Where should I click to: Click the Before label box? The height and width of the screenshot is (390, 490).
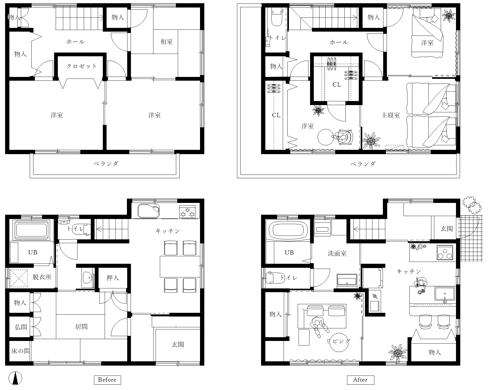click(x=107, y=380)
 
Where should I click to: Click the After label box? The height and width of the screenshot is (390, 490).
click(x=360, y=380)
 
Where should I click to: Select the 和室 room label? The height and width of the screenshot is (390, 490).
click(x=167, y=42)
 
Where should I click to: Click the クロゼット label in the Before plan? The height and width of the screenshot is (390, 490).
click(x=81, y=66)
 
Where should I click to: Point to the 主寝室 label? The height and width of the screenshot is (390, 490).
click(x=390, y=115)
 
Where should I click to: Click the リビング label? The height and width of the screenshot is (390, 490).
click(x=338, y=341)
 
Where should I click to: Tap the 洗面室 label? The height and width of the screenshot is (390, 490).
click(x=337, y=253)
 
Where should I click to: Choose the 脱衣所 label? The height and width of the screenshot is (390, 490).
click(x=42, y=277)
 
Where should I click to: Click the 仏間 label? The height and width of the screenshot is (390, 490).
click(x=21, y=327)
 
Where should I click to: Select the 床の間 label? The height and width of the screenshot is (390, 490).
click(x=21, y=351)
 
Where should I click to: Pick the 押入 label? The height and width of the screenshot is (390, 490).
click(x=113, y=278)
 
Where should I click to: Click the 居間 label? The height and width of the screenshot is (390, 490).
click(x=81, y=327)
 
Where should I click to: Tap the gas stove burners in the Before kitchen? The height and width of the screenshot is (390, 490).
click(x=187, y=211)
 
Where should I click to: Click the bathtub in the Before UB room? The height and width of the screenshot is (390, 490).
click(x=32, y=230)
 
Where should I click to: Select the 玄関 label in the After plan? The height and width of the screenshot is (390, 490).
click(x=447, y=229)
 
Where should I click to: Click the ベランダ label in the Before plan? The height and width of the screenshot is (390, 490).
click(x=106, y=164)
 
